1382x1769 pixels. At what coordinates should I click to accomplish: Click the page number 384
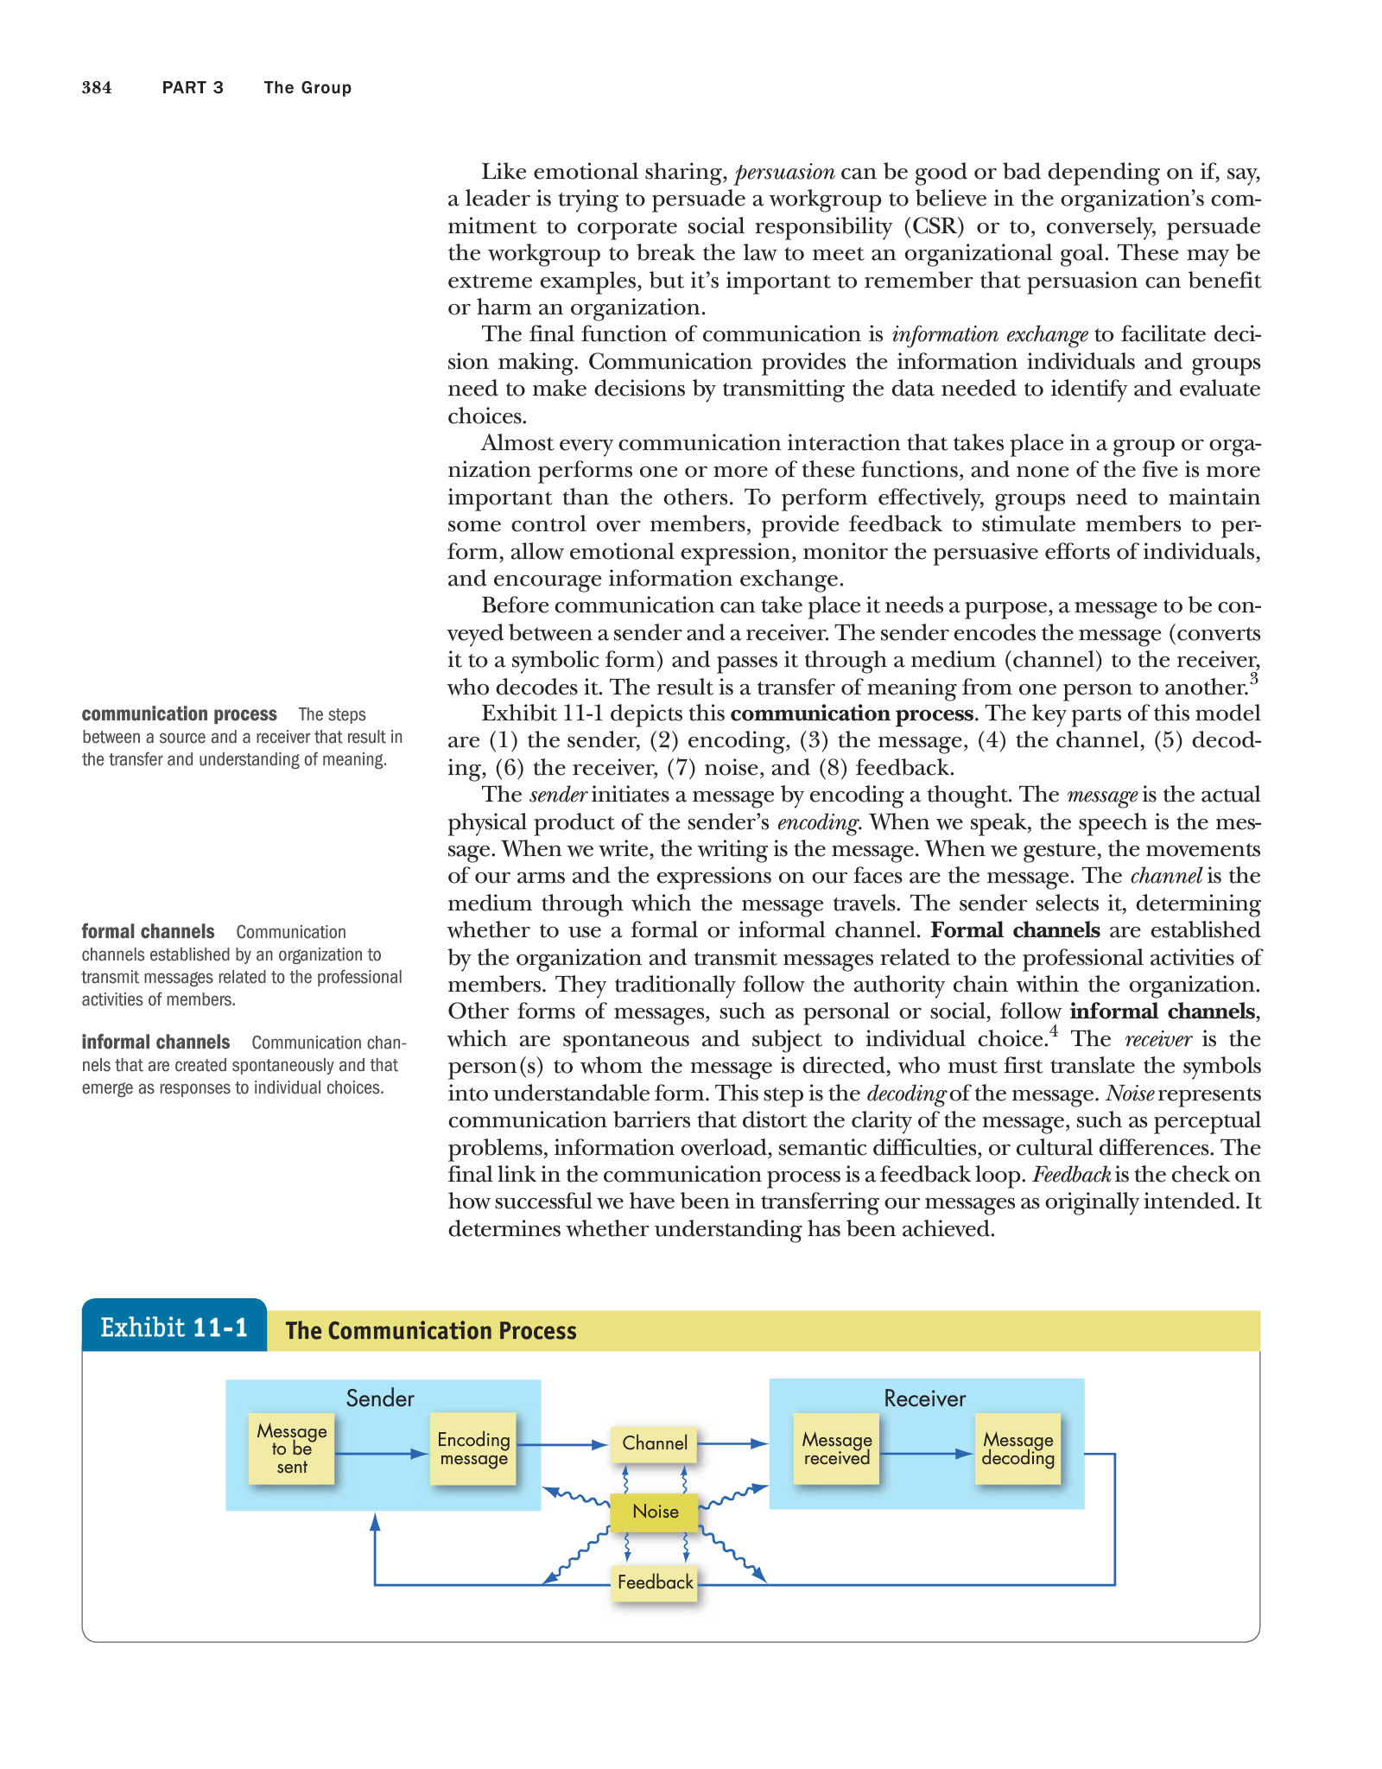click(x=97, y=87)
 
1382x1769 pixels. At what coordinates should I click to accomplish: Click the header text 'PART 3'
click(x=193, y=87)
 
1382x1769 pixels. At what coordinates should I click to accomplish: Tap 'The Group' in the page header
click(x=307, y=87)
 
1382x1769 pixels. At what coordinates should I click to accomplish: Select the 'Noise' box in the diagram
click(x=655, y=1511)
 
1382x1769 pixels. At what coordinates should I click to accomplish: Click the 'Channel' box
click(x=655, y=1442)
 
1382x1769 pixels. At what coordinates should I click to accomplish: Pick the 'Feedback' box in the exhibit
click(x=655, y=1582)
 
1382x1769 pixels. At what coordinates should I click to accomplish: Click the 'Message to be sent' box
click(x=292, y=1449)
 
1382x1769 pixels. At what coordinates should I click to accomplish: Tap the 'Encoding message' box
click(x=473, y=1449)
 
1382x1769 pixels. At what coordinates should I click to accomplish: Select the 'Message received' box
click(x=836, y=1449)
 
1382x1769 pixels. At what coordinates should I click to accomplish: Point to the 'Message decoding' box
click(x=1017, y=1449)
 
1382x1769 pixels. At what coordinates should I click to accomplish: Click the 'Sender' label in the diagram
click(x=380, y=1398)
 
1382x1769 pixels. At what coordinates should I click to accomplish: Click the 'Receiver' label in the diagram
click(x=924, y=1398)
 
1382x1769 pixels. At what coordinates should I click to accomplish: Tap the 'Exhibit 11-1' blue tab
click(x=174, y=1327)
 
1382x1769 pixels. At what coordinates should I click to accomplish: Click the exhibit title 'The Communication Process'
click(x=431, y=1330)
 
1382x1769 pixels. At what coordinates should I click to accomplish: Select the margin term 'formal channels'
click(x=148, y=931)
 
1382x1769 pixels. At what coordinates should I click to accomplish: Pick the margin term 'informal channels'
click(x=155, y=1042)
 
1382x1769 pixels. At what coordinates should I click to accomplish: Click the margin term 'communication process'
click(x=179, y=713)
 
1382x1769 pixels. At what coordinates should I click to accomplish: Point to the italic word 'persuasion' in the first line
click(x=784, y=172)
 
